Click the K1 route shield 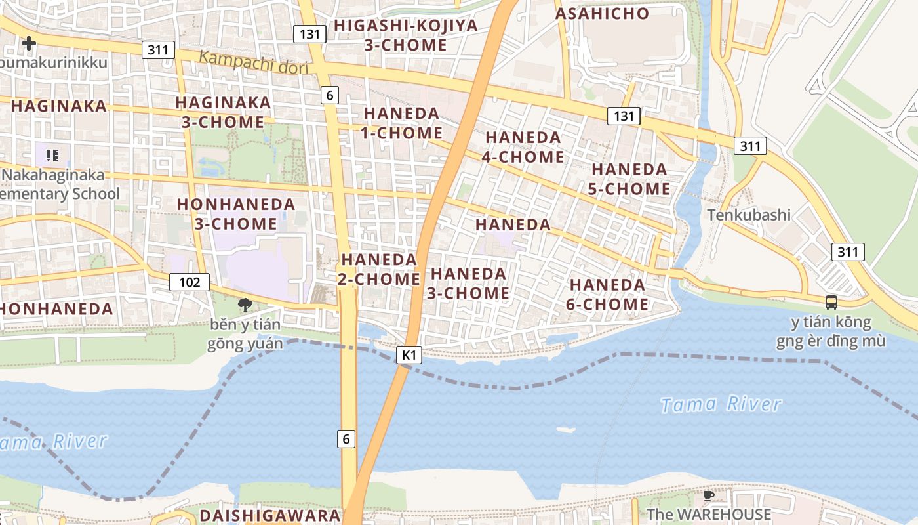(x=409, y=355)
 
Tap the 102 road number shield (x=190, y=282)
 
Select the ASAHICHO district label (x=602, y=14)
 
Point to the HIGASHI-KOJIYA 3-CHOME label (x=406, y=35)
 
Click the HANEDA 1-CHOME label (x=401, y=123)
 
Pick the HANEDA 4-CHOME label (x=523, y=147)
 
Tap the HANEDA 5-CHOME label (x=630, y=178)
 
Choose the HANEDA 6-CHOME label (x=607, y=295)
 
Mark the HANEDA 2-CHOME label (x=379, y=269)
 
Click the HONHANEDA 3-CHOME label (x=236, y=214)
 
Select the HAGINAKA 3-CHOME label (x=223, y=112)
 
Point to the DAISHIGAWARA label (x=269, y=515)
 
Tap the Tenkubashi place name (x=749, y=215)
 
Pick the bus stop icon (x=831, y=303)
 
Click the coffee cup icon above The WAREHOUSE (x=708, y=495)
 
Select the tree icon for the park (x=245, y=304)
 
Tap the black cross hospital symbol (x=29, y=43)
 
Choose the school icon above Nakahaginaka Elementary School (x=52, y=156)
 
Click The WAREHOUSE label (x=709, y=514)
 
